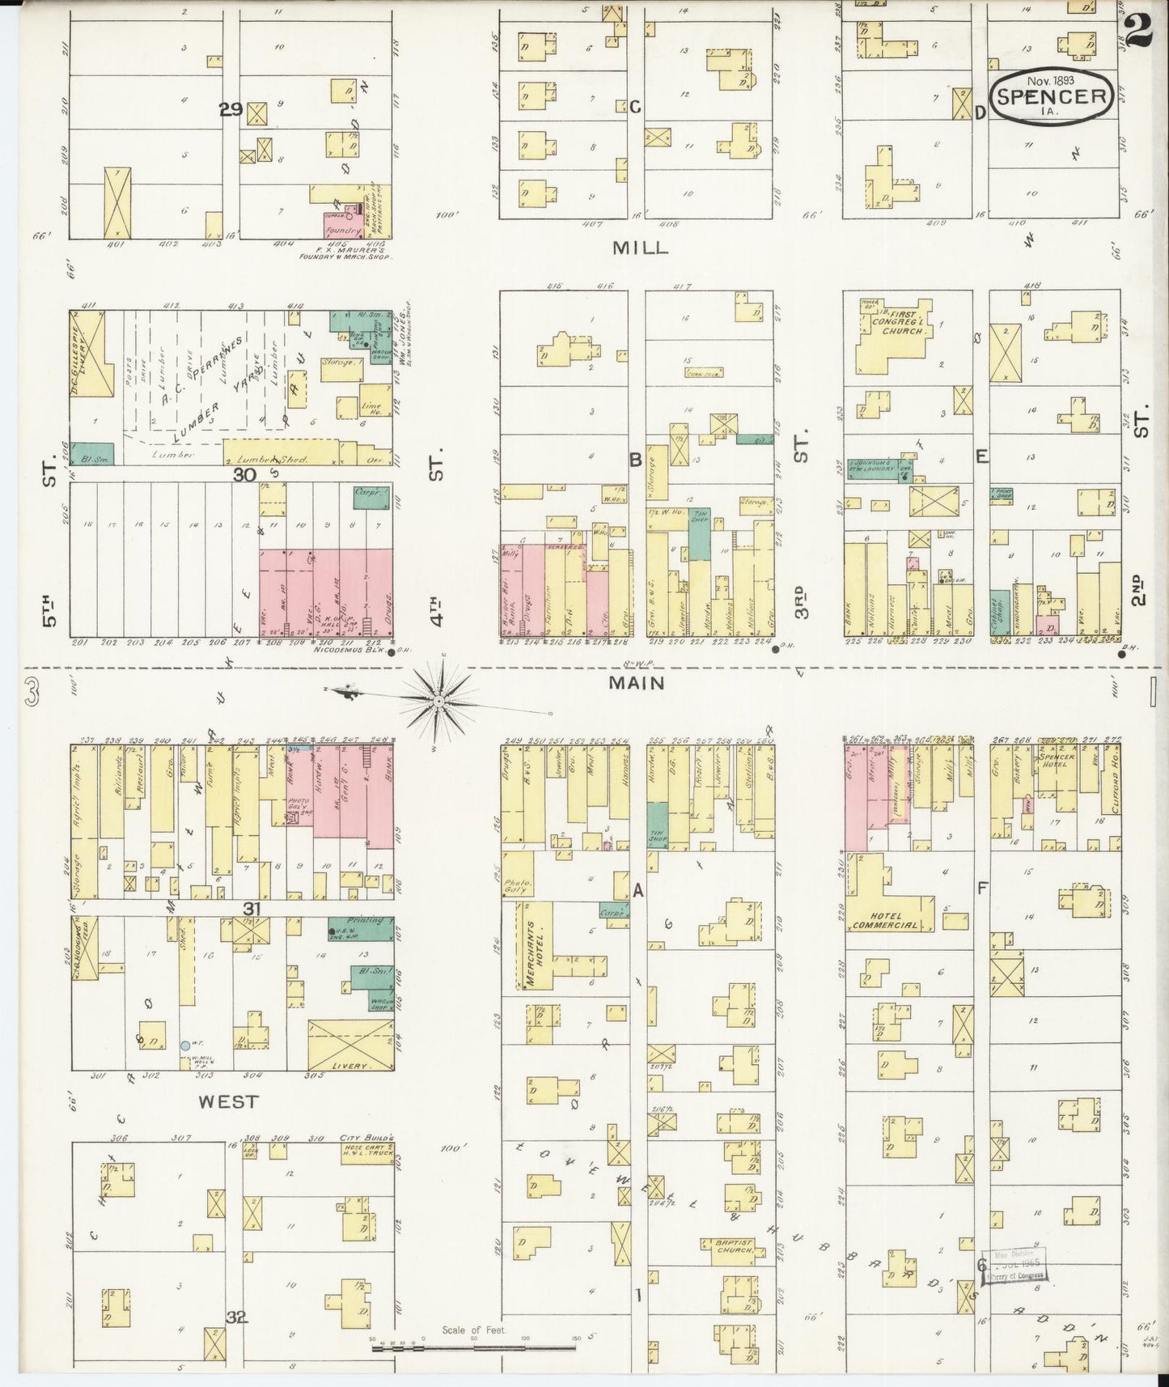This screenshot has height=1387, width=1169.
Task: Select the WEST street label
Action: [229, 1101]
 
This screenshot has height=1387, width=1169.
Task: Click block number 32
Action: [236, 1317]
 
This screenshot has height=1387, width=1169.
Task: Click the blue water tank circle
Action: [185, 1046]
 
